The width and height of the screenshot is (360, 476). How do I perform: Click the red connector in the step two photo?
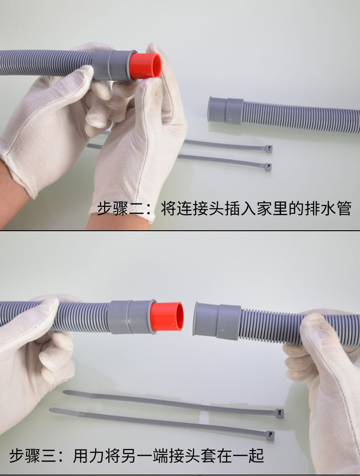pyautogui.click(x=145, y=66)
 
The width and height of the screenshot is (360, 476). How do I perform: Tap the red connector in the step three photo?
pyautogui.click(x=167, y=316)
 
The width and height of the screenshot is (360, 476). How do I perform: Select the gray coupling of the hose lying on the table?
pyautogui.click(x=226, y=110)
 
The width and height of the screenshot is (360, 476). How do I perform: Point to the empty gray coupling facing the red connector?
pyautogui.click(x=217, y=321)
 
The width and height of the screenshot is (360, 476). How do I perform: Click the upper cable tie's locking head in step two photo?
pyautogui.click(x=269, y=149)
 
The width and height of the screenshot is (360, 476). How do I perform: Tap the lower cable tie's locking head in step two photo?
pyautogui.click(x=268, y=167)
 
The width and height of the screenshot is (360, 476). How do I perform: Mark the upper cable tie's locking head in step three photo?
pyautogui.click(x=279, y=413)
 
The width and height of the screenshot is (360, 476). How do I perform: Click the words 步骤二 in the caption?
pyautogui.click(x=120, y=208)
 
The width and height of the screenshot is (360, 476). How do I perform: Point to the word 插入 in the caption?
pyautogui.click(x=240, y=208)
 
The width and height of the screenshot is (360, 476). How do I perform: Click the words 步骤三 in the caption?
pyautogui.click(x=33, y=455)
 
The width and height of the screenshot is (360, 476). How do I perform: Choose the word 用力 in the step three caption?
pyautogui.click(x=89, y=455)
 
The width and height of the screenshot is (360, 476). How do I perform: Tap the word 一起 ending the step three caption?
pyautogui.click(x=248, y=455)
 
